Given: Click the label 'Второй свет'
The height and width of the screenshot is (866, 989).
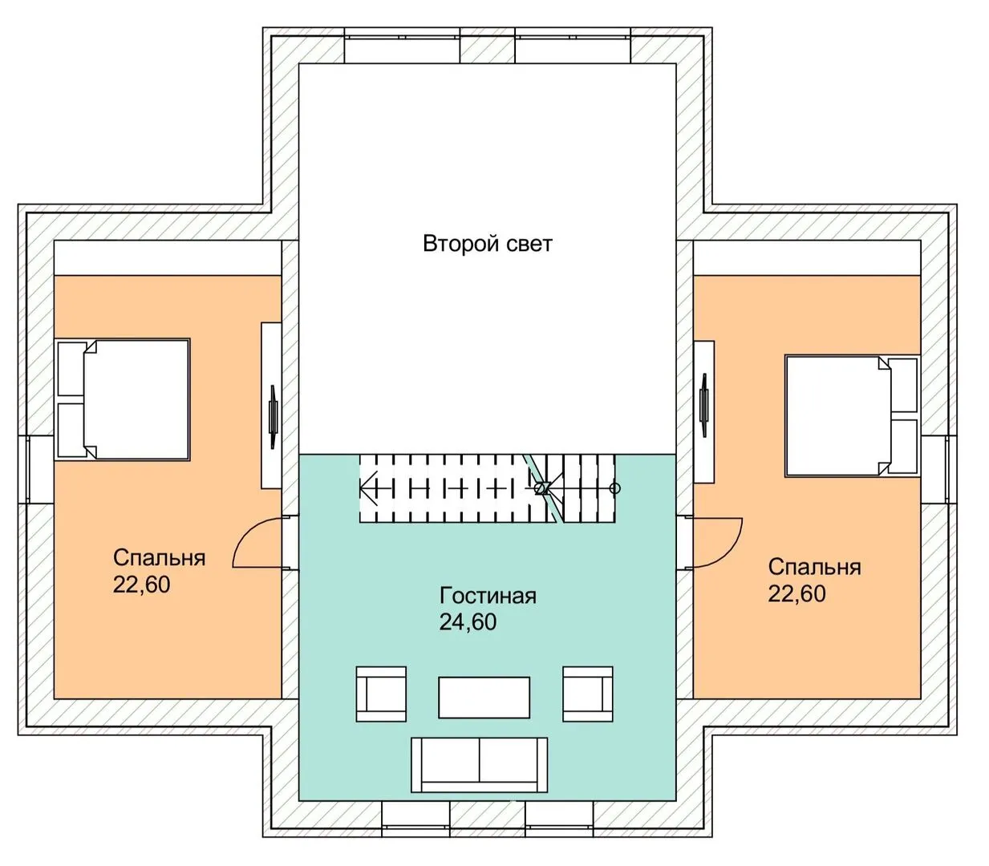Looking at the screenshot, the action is [487, 244].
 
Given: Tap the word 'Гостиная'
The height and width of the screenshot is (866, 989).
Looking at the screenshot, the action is [487, 596].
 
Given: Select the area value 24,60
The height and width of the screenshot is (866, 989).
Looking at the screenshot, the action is [468, 622].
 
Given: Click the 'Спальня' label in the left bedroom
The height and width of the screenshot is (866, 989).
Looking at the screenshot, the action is [159, 558].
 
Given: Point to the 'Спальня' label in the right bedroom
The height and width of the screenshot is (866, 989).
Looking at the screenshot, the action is [814, 568].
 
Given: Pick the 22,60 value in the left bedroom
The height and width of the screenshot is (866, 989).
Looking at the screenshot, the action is [142, 585].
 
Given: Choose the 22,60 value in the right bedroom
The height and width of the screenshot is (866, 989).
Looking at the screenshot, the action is [796, 594].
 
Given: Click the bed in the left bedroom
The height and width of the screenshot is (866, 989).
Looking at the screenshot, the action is [124, 399].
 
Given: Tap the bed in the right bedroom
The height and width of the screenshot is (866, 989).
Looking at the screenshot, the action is [852, 417].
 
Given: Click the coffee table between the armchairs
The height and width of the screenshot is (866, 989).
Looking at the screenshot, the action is [484, 698].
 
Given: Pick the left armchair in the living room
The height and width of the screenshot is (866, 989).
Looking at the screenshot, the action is [381, 694].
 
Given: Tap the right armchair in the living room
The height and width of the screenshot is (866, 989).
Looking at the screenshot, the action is [588, 694].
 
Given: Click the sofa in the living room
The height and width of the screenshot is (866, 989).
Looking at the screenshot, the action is [479, 765].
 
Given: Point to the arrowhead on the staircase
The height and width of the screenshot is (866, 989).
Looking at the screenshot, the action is [367, 488].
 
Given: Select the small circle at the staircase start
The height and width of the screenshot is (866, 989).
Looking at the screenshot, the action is [615, 488].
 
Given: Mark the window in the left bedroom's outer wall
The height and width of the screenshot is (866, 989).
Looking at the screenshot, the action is [29, 470].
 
